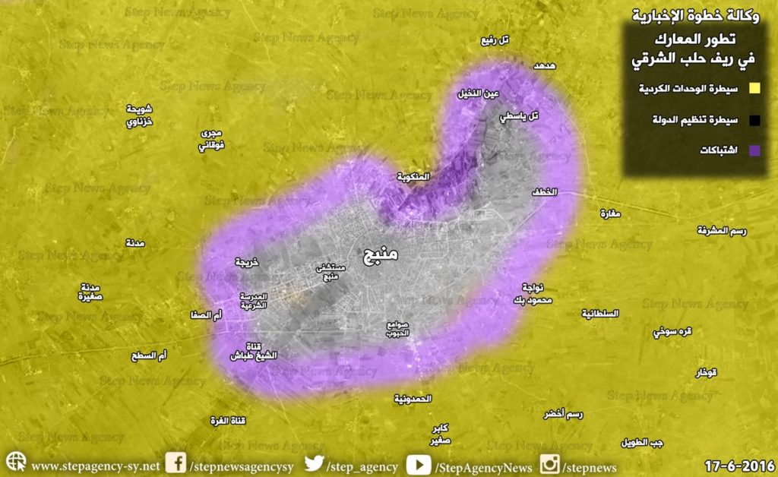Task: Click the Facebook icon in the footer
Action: coord(176,463)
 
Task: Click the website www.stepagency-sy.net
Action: coord(95,466)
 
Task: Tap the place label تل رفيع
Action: coord(495,40)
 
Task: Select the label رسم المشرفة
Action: coord(725,229)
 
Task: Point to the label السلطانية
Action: coord(600,313)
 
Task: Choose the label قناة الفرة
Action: coord(234,420)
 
